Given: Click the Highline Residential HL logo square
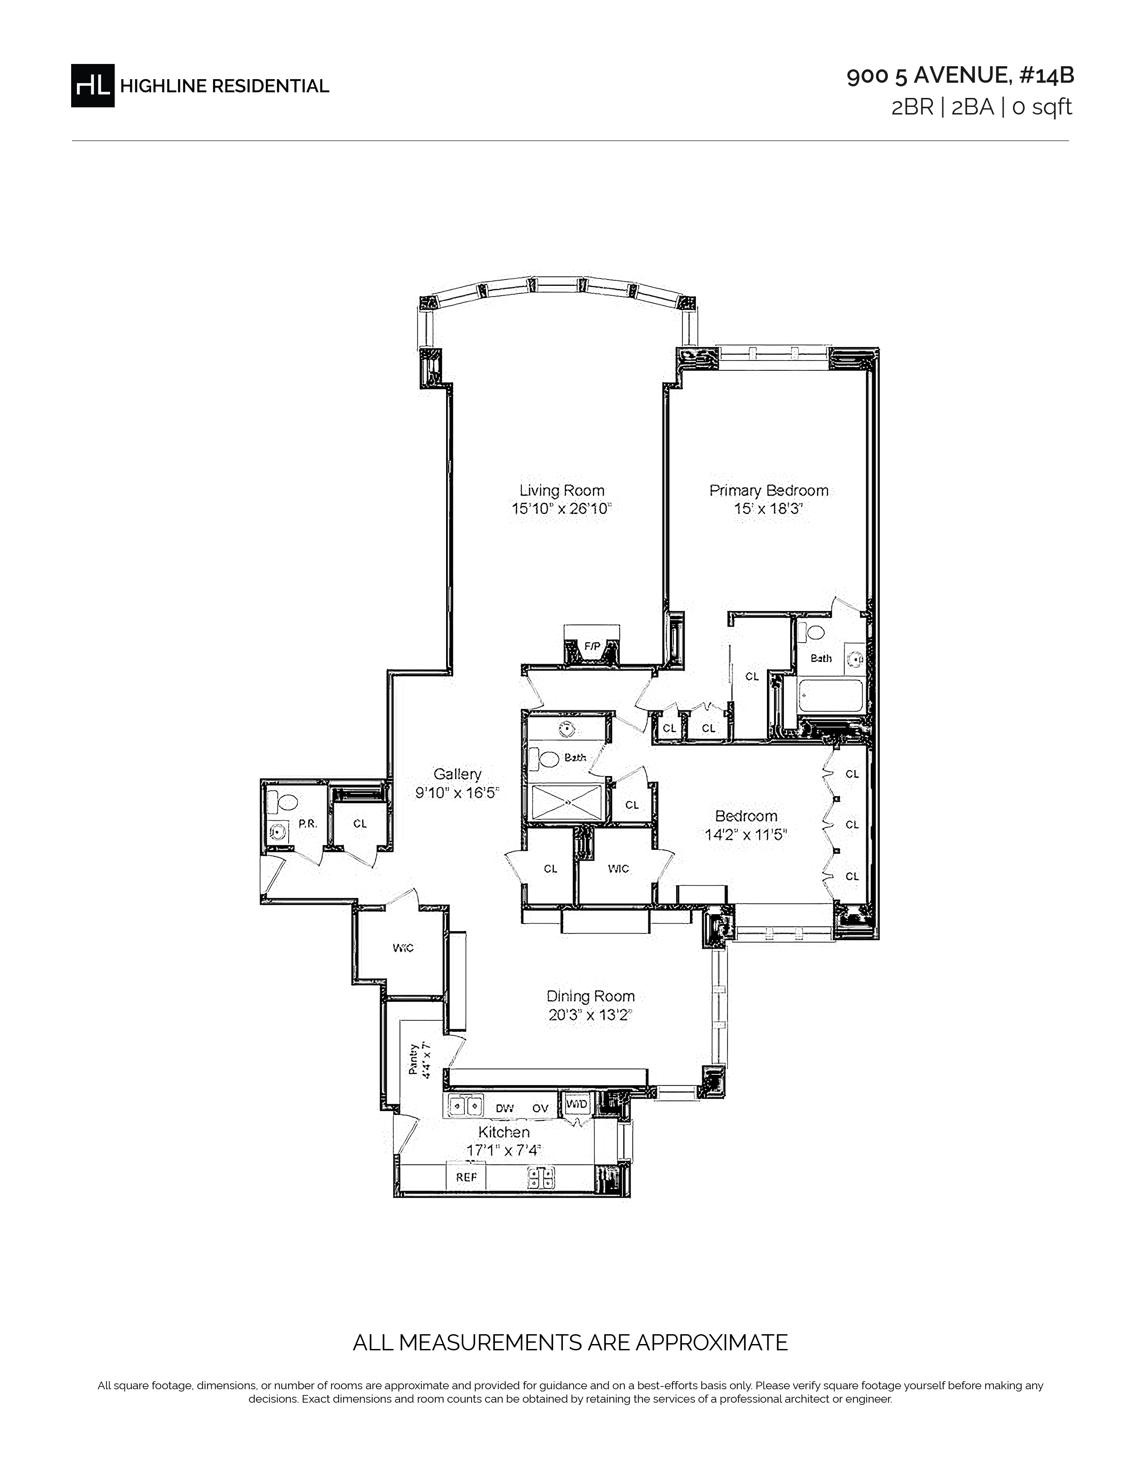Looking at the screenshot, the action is click(93, 85).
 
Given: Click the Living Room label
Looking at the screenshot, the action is click(562, 491).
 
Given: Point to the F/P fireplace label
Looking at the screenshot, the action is click(592, 647).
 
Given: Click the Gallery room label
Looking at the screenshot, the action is click(458, 774).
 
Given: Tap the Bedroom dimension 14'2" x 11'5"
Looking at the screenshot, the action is click(746, 835).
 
